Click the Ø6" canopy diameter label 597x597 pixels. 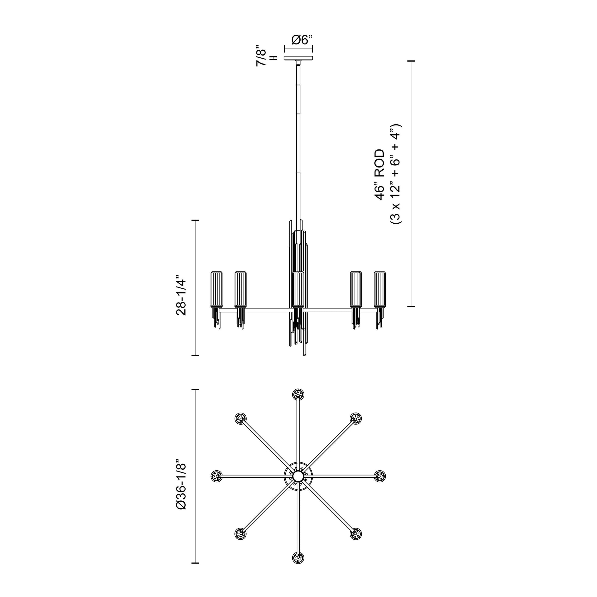click(x=302, y=40)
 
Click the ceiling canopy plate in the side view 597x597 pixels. click(x=298, y=58)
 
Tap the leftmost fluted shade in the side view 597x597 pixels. click(x=216, y=289)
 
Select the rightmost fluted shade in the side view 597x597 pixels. click(x=380, y=289)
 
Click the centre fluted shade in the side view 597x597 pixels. click(x=298, y=290)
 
